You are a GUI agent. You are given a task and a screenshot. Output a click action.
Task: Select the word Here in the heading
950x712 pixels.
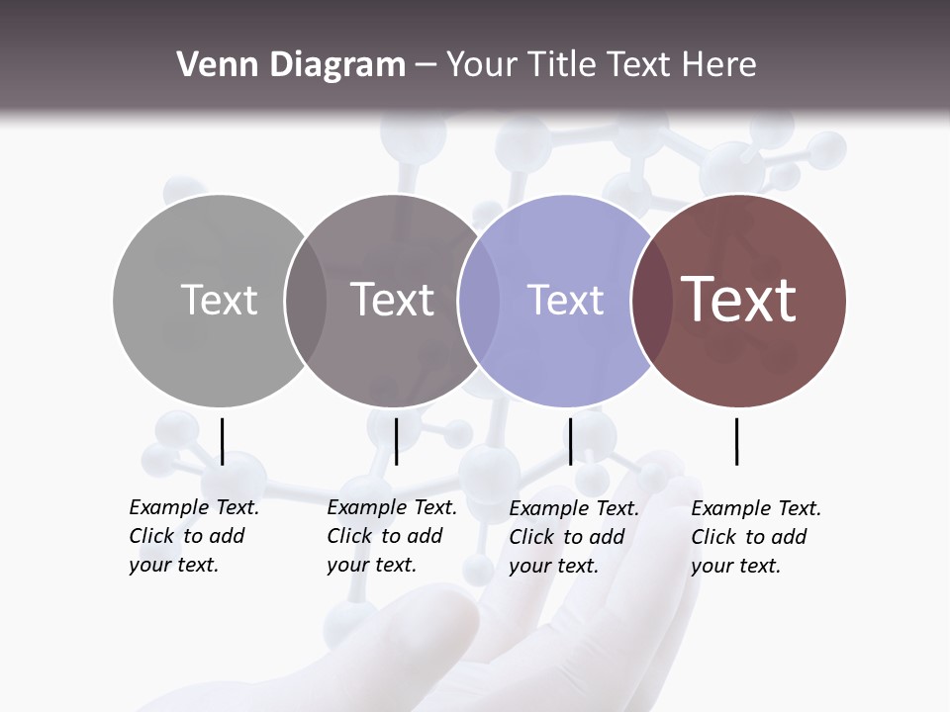(x=720, y=65)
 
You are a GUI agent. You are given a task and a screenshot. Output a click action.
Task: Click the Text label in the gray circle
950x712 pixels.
(x=219, y=300)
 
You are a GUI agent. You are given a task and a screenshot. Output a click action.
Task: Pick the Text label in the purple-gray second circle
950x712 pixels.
(x=392, y=300)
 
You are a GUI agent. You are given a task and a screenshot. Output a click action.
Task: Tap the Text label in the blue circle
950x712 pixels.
(x=565, y=300)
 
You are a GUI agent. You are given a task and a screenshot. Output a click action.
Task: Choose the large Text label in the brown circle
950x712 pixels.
(x=739, y=300)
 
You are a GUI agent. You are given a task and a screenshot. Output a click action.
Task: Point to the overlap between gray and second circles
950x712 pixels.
(x=306, y=300)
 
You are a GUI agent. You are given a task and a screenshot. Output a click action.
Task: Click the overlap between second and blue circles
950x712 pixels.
(x=479, y=300)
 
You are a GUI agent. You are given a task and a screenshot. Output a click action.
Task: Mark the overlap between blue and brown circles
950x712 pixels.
(x=651, y=300)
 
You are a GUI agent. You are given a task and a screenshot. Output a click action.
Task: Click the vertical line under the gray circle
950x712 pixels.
(x=223, y=441)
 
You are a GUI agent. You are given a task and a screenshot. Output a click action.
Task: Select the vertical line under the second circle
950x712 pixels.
(x=396, y=441)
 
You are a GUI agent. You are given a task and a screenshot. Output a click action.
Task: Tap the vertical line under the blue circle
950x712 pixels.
(x=570, y=441)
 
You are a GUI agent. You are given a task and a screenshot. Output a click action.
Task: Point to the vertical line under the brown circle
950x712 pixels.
(x=737, y=441)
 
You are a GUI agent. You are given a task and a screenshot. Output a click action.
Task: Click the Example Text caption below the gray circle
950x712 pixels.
(x=193, y=536)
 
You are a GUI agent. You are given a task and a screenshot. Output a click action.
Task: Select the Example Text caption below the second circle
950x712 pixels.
(x=391, y=536)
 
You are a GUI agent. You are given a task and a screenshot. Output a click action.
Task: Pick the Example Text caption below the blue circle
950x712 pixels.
(x=573, y=537)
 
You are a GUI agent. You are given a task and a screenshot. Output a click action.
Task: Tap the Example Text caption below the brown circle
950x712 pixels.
(x=755, y=537)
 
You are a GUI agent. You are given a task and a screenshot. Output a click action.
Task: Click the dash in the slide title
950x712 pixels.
(x=426, y=66)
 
